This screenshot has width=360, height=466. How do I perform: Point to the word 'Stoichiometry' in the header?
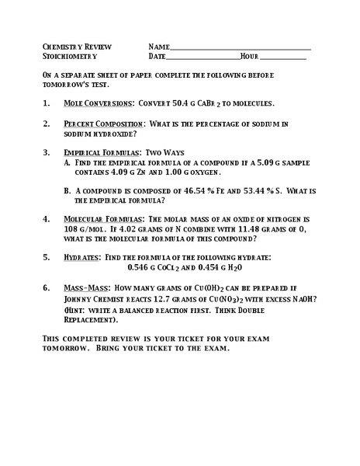[x=69, y=57]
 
